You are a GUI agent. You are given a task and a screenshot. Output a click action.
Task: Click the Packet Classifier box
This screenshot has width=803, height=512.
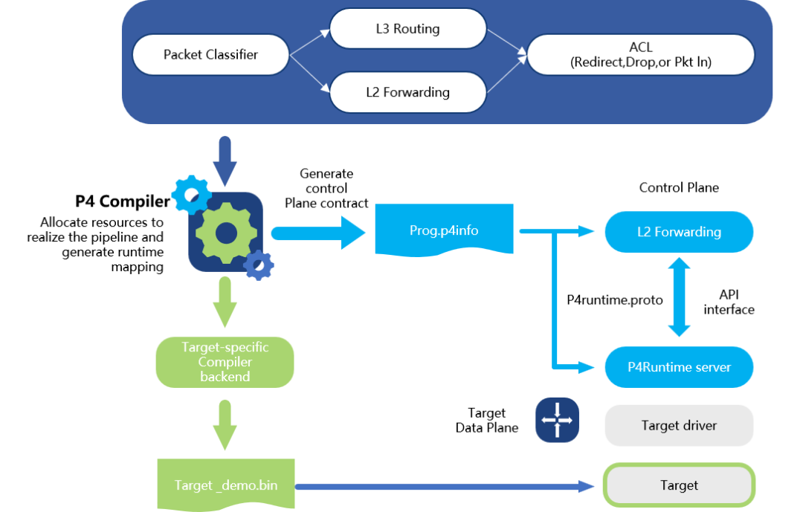tap(210, 55)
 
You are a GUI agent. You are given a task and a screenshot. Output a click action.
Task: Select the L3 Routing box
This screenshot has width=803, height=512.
tap(407, 29)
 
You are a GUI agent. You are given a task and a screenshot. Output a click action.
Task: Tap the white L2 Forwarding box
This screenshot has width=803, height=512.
tap(407, 92)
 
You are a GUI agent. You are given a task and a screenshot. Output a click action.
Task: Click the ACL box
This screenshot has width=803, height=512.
tap(641, 55)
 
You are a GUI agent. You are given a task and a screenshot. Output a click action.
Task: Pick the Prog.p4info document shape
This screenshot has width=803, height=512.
tap(444, 230)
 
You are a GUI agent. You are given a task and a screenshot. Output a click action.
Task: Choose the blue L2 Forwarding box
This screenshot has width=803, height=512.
tap(679, 232)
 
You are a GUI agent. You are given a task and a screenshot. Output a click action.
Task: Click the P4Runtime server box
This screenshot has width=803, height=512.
tap(679, 367)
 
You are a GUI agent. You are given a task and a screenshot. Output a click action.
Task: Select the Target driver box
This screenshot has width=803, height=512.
tap(679, 426)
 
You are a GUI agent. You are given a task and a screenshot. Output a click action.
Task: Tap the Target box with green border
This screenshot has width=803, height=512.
tap(679, 485)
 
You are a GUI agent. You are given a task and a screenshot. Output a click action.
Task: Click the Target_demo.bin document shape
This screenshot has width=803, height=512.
tap(226, 485)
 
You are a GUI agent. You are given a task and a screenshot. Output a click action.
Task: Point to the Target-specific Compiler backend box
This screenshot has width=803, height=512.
tap(225, 362)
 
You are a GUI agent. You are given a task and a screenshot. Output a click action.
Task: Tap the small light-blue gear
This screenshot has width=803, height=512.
tap(190, 194)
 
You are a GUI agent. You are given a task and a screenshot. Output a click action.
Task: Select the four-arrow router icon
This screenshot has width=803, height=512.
tap(557, 420)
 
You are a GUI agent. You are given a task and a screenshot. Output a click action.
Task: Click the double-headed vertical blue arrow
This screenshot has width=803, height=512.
tap(679, 297)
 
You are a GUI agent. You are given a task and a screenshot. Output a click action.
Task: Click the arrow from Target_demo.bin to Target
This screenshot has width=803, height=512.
tap(446, 487)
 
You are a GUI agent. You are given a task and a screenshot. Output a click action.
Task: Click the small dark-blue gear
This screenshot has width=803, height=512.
tap(259, 265)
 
